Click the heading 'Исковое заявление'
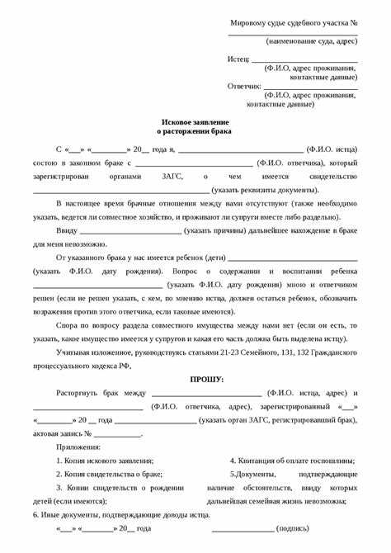point(195,120)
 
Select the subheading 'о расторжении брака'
point(195,130)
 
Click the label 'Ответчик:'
point(244,85)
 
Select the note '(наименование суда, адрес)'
point(311,40)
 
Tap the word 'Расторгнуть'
point(78,393)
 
